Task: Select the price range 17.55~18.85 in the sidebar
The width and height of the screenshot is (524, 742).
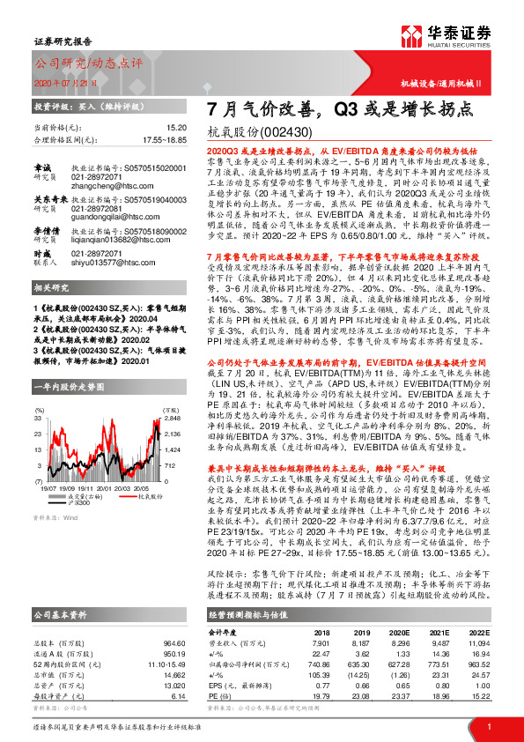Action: point(165,139)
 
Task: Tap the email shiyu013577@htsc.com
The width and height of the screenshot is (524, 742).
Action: point(103,262)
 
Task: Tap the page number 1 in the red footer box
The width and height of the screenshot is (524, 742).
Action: point(489,728)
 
